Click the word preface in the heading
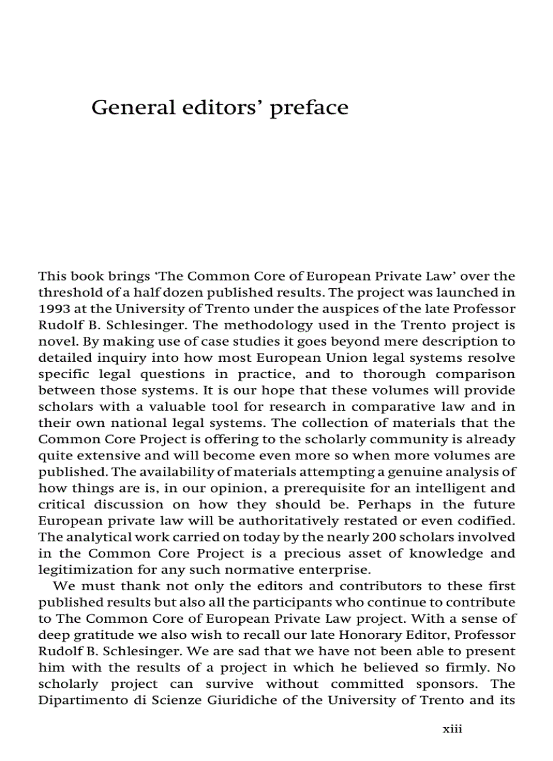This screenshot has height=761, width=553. tap(309, 108)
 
